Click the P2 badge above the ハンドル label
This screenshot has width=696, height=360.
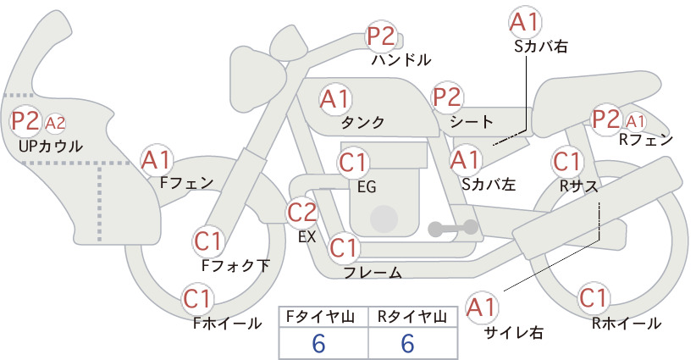381,36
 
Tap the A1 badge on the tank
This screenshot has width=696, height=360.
334,99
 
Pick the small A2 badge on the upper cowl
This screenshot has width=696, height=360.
55,124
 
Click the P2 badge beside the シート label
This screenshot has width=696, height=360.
447,97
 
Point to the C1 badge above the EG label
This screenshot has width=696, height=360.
353,163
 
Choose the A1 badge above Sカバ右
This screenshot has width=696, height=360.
525,22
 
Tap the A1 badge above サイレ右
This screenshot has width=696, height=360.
482,307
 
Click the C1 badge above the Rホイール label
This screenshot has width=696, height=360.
593,298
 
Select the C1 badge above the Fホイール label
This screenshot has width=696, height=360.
197,299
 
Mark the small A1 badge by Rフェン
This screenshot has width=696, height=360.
636,121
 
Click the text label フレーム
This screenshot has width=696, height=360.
373,273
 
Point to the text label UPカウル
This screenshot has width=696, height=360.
50,146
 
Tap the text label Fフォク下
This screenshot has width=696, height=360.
235,265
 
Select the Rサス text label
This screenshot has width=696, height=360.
578,187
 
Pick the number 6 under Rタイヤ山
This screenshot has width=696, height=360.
407,343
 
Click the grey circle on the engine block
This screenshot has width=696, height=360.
384,219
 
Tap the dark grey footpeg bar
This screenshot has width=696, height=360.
453,228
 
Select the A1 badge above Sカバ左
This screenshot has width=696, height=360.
465,160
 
